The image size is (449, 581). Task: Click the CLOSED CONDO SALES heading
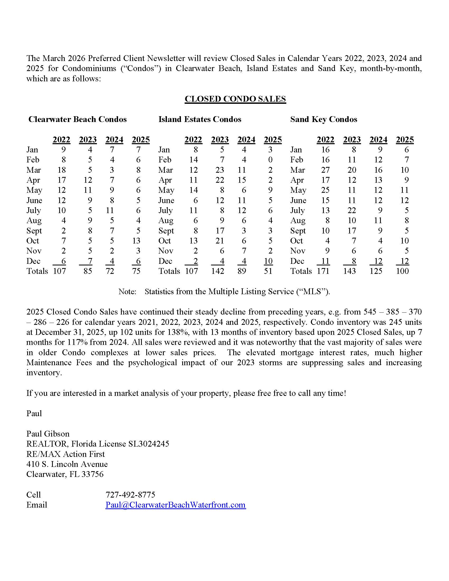235,99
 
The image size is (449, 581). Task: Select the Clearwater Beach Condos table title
77,119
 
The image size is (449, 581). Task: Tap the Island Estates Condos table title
200,119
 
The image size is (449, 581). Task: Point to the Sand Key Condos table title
324,119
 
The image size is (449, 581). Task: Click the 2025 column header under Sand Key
405,140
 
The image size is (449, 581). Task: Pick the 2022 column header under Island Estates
193,140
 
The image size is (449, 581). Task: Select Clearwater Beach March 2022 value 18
62,170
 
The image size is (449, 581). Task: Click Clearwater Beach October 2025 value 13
136,241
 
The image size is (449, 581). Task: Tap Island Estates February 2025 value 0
270,160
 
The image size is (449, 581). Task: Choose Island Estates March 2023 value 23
220,170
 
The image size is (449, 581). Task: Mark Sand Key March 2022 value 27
325,170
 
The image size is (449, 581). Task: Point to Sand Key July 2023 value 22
352,210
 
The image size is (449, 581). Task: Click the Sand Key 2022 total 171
323,271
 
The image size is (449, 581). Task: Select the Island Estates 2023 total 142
218,271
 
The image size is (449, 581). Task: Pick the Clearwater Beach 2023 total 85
88,271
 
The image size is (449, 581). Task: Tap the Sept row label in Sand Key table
298,231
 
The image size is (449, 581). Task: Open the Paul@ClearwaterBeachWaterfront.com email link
176,505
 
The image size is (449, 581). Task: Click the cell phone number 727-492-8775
130,495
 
